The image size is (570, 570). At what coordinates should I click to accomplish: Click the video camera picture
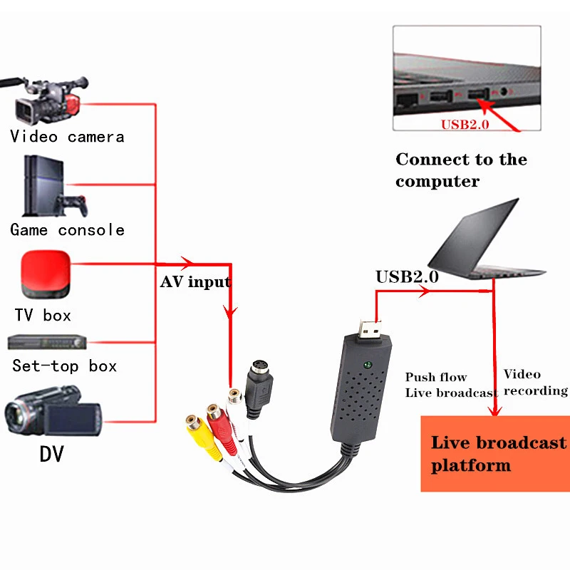(46, 100)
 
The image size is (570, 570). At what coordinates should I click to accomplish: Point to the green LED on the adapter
(367, 366)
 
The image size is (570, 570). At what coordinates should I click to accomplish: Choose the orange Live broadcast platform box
(494, 453)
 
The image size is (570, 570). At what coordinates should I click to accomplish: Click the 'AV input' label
(195, 282)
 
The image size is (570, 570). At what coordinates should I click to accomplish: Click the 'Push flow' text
(436, 377)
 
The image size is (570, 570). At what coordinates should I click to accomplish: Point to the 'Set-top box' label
(64, 366)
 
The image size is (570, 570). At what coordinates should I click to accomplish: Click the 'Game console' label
(67, 230)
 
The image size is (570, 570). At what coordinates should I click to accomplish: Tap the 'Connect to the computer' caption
(461, 170)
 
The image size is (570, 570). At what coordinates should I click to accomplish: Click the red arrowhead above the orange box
(494, 409)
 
